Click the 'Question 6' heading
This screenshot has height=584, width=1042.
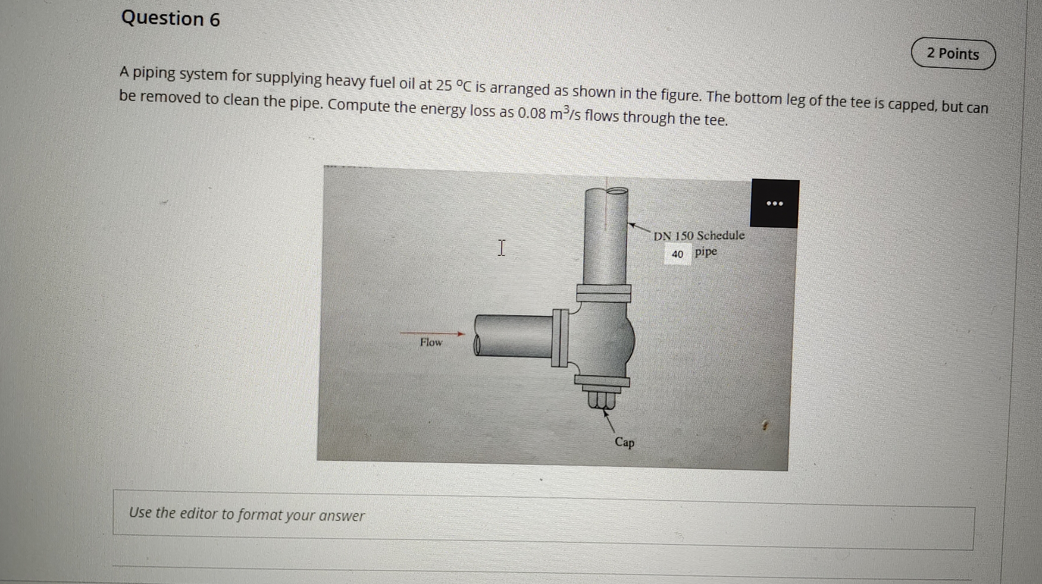[x=170, y=18]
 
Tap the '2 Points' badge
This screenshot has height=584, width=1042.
[x=953, y=54]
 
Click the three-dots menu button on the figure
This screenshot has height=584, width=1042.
[x=774, y=203]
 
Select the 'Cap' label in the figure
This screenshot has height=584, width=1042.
[x=624, y=442]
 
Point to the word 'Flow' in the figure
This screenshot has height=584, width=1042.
[x=431, y=342]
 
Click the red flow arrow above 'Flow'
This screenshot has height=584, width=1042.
[x=433, y=333]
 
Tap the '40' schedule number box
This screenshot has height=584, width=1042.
[x=677, y=254]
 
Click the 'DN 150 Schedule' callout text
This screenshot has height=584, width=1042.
[x=699, y=235]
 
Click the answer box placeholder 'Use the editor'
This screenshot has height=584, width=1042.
[x=247, y=514]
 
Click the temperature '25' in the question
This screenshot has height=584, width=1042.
[x=444, y=85]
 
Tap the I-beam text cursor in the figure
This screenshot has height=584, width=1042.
[x=501, y=248]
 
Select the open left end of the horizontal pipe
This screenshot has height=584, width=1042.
[x=477, y=345]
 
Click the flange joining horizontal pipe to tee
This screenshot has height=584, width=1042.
[x=560, y=338]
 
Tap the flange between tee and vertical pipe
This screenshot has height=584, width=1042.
[x=603, y=293]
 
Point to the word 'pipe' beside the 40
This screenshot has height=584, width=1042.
[x=706, y=252]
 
